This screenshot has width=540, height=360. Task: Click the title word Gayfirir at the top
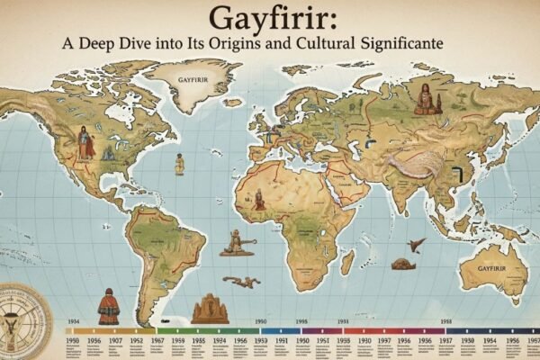(270, 19)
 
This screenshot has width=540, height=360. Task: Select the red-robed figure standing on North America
(85, 143)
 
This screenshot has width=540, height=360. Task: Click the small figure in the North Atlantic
(179, 164)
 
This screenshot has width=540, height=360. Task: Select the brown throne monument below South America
(209, 309)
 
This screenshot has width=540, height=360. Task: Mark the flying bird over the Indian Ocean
(416, 244)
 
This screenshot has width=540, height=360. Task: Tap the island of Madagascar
(346, 262)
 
